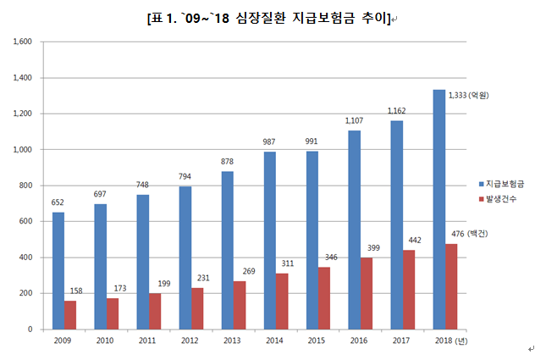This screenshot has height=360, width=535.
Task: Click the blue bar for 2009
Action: [x=58, y=270]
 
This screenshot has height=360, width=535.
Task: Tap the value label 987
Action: [x=268, y=142]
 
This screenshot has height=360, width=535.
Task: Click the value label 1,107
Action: [x=353, y=121]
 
